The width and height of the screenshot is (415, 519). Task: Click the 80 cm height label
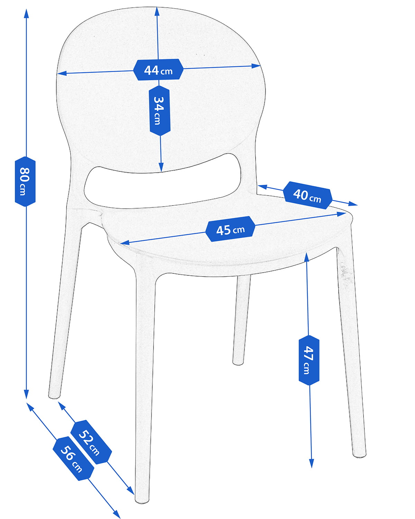click(x=25, y=181)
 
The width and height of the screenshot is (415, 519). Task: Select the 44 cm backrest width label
click(x=158, y=70)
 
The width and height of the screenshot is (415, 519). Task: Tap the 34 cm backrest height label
click(x=159, y=110)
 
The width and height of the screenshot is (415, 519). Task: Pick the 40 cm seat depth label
click(x=307, y=195)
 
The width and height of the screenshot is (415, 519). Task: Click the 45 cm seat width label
click(x=230, y=229)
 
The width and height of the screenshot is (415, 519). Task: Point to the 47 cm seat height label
click(x=308, y=360)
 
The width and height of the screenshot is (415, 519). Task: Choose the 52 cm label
click(x=91, y=442)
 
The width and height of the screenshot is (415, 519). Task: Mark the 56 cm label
click(x=73, y=459)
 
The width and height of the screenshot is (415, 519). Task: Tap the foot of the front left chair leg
click(x=142, y=498)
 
